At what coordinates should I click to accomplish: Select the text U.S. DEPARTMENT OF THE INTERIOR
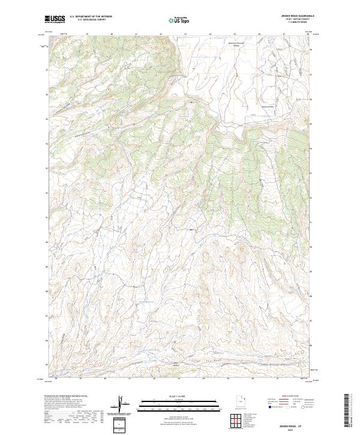point(91,17)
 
